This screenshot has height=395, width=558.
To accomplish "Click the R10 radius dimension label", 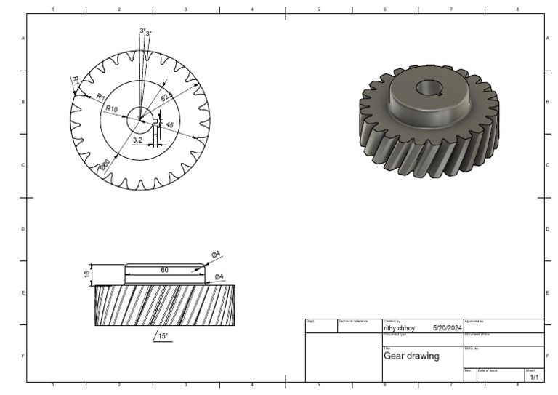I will click(111, 108).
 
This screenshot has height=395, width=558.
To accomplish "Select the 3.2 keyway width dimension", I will click(138, 138).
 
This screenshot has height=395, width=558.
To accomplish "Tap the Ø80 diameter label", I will click(105, 165).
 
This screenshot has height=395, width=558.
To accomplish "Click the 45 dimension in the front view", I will click(169, 125).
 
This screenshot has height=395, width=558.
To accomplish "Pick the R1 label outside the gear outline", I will click(74, 80).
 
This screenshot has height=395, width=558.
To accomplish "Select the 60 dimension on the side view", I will click(164, 270).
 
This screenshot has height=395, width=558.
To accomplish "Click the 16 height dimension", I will click(86, 274).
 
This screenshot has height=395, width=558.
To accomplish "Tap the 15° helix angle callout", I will click(162, 336).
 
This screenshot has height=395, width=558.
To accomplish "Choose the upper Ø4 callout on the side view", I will click(216, 254).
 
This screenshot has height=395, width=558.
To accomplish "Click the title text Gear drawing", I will click(411, 356).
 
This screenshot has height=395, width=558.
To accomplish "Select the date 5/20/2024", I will click(447, 328).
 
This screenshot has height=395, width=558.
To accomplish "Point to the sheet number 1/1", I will click(534, 377).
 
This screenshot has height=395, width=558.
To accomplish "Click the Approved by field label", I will click(474, 321).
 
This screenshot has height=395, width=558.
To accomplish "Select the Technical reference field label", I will click(353, 321).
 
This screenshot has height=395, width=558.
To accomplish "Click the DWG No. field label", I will click(472, 348).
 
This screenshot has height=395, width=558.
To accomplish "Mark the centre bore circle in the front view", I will click(140, 117).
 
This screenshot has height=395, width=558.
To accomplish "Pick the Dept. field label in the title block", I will click(310, 321).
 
